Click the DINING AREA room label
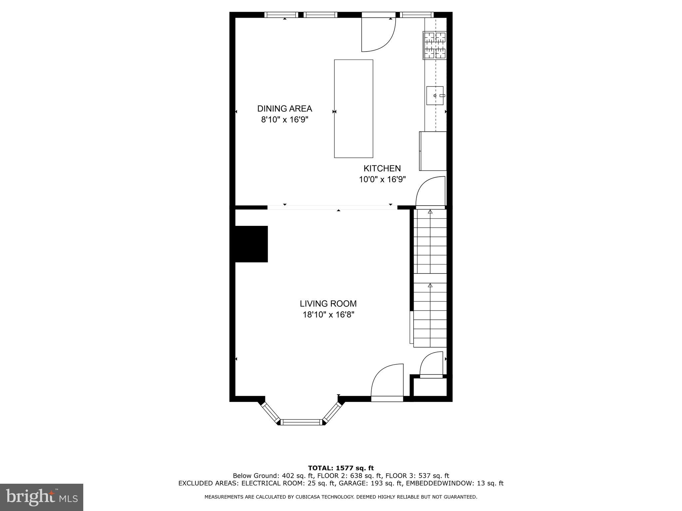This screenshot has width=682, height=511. coord(284,108)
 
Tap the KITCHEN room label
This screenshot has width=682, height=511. coord(382,168)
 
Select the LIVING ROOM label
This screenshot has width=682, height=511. coord(328,303)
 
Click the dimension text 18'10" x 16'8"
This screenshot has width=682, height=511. coord(328,315)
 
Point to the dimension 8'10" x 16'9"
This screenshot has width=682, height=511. coord(284,120)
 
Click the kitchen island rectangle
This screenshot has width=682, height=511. coord(353,108)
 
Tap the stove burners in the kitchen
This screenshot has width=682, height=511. coord(435,45)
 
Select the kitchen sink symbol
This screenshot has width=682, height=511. coord(435,95)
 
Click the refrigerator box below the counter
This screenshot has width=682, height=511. coord(433,151)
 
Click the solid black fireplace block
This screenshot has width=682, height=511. coord(251,244)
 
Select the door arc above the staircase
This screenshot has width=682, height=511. coord(430,191)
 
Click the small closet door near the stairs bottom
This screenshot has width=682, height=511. coord(432,365)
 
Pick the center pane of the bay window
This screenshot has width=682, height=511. coord(301,422)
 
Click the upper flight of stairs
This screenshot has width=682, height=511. coord(430,241)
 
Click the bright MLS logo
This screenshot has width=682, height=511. coord(42,497)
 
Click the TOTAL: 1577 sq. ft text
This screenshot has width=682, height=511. coord(341,468)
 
